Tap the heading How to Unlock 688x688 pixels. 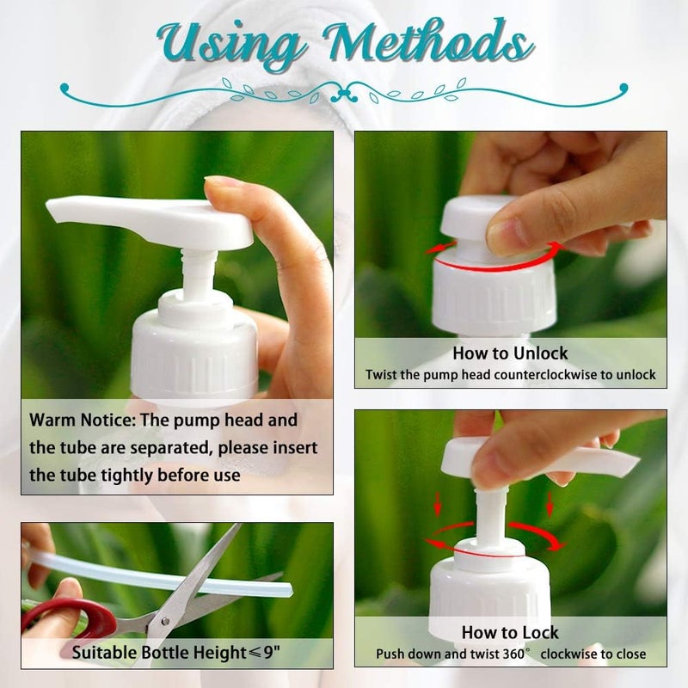(x=510, y=353)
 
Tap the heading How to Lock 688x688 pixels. (x=510, y=633)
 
